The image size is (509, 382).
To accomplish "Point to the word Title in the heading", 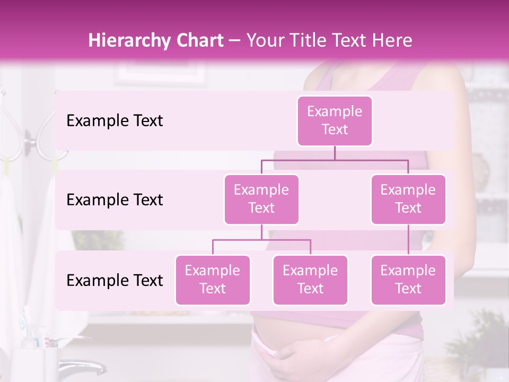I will (x=308, y=40).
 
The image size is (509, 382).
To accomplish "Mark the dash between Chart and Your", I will (x=234, y=41).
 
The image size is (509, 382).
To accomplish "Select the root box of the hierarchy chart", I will (x=335, y=121).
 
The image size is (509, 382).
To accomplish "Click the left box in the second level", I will (x=261, y=199).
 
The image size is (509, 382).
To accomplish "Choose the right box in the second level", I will (x=408, y=199).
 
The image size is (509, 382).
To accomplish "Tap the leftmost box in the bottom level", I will (x=213, y=280).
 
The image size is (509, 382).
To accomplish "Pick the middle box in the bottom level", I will (x=310, y=280).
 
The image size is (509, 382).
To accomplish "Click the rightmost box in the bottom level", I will (x=408, y=280).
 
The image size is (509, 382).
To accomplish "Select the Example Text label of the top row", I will (x=115, y=121).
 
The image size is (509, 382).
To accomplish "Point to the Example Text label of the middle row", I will (x=115, y=200).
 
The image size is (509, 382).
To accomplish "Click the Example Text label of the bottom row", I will (x=115, y=280).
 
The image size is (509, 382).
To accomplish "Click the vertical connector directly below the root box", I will (x=335, y=153).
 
